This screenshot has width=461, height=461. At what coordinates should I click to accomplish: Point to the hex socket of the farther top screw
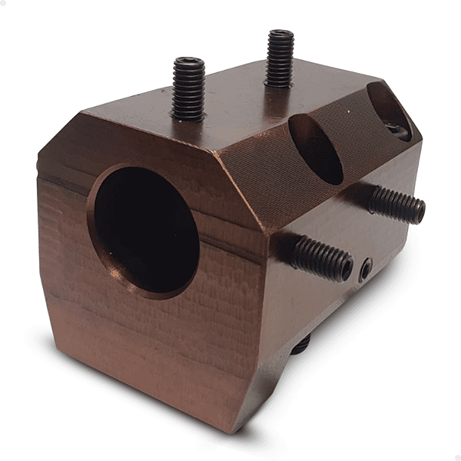281,34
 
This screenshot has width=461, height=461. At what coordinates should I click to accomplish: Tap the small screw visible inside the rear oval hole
400,131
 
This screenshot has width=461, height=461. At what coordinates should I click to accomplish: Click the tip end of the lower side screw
347,268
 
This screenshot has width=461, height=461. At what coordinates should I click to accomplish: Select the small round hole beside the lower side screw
366,268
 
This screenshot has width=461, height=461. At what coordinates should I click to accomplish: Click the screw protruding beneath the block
300,346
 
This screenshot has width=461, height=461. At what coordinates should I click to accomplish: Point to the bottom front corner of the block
230,426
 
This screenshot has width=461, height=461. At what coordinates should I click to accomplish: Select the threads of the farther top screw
280,65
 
